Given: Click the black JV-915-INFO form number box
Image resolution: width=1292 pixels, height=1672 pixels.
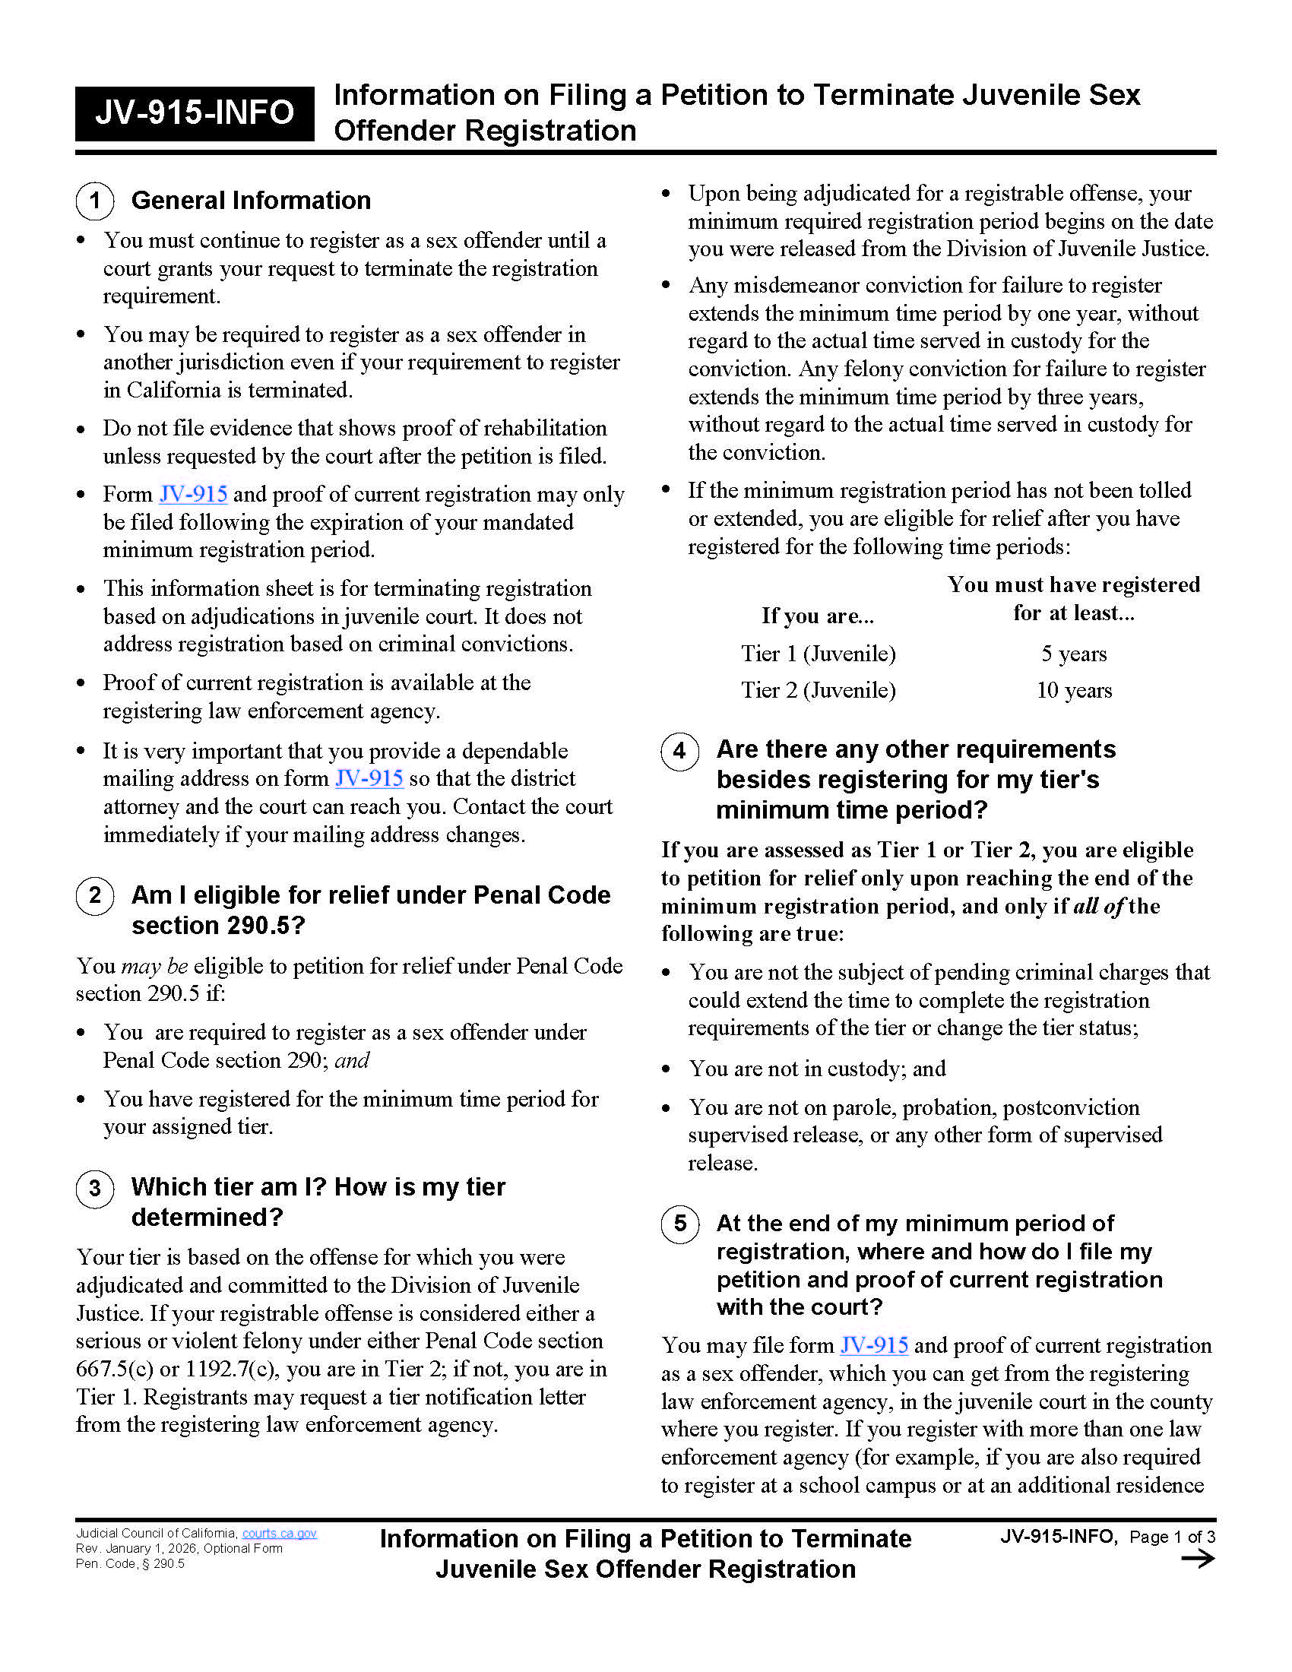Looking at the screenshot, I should [195, 113].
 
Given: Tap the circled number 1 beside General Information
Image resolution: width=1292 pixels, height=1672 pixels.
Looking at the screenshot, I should [95, 201].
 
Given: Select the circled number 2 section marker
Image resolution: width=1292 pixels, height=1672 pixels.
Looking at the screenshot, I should [95, 895].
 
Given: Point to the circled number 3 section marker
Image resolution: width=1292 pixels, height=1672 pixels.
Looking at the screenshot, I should [95, 1188].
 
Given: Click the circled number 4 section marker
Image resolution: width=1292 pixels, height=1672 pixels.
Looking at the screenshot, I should [679, 750].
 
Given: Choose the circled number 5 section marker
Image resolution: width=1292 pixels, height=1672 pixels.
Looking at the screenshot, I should [679, 1224].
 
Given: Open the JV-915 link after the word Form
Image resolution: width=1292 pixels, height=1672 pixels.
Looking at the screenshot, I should [193, 495].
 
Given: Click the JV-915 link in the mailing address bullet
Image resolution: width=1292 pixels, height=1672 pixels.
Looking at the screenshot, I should [369, 778].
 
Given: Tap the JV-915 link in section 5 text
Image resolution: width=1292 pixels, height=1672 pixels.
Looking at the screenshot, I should [874, 1345].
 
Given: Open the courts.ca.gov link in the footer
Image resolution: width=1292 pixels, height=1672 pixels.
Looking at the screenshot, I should [280, 1533].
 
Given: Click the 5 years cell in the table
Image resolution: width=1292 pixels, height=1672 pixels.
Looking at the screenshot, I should [1073, 654].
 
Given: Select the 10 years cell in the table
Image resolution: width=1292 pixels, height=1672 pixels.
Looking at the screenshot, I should [1073, 691].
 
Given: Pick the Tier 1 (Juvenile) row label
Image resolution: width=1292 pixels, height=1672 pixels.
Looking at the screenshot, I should [818, 654].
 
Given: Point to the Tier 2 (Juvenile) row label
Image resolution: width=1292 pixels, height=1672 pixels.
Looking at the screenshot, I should [818, 691].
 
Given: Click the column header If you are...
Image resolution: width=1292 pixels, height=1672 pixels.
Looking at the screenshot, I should [817, 616].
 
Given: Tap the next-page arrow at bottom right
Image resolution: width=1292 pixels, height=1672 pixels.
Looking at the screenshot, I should [1198, 1559].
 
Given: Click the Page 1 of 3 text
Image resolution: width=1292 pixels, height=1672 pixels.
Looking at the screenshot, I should [1172, 1537].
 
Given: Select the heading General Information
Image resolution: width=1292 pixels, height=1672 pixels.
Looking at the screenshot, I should [251, 201].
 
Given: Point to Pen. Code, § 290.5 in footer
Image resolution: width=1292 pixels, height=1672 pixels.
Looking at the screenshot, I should [130, 1563].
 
